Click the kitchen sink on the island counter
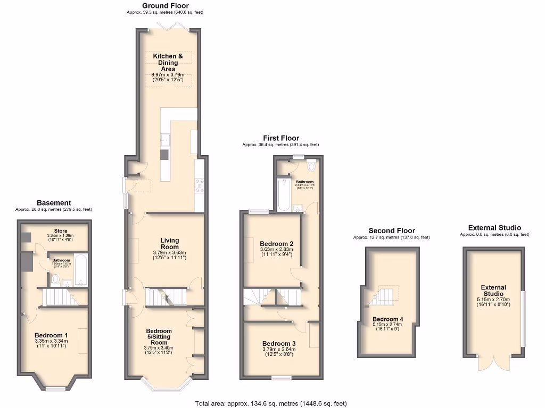coord(164,140)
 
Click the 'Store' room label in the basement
coord(60,231)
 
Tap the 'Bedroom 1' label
coord(51,335)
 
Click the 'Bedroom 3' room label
coord(279,344)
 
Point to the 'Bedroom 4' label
coord(387,319)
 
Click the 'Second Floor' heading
coord(392,231)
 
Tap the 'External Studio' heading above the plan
coord(494,228)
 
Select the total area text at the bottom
coord(271,403)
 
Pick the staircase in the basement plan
coord(60,297)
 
